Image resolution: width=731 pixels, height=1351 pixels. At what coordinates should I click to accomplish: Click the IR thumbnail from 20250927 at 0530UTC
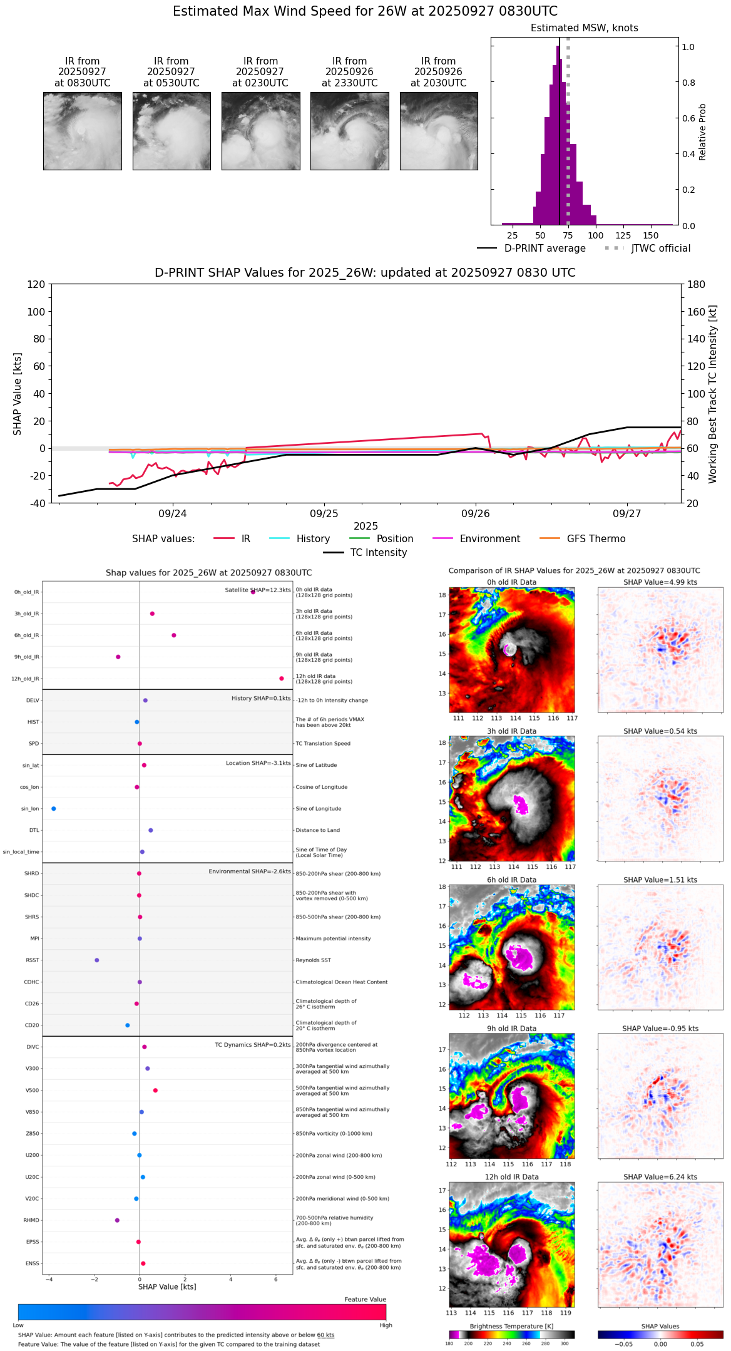point(171,131)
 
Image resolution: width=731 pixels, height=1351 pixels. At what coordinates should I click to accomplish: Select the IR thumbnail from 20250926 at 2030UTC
point(439,131)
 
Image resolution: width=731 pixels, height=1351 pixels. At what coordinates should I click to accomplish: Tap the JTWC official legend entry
point(660,249)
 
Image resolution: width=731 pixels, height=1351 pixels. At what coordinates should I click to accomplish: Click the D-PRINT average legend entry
point(544,249)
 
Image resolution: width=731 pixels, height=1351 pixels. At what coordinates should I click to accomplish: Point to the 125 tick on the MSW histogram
point(623,236)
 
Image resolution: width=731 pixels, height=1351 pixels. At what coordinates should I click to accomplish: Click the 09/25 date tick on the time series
point(324,514)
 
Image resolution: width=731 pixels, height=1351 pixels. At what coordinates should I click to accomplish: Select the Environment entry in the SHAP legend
point(489,539)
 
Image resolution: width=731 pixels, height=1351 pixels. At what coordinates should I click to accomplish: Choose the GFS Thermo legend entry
point(596,539)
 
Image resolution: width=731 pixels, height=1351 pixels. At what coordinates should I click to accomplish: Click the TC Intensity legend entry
point(378,553)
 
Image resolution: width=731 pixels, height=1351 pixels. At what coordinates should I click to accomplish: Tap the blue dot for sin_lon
point(54,809)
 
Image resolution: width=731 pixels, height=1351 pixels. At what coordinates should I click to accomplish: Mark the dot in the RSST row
point(96,960)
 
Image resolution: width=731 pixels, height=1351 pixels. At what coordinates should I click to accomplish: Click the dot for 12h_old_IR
point(282,679)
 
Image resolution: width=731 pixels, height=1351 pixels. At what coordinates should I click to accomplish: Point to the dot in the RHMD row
point(117,1220)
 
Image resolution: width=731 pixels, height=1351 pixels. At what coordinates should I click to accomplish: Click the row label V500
point(32,1091)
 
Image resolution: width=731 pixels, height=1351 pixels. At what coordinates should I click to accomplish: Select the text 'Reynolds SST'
point(313,960)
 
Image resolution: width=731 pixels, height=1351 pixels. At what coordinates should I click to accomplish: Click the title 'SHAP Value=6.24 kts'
point(660,1177)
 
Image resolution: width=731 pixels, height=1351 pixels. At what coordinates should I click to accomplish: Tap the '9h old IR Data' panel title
point(511,1029)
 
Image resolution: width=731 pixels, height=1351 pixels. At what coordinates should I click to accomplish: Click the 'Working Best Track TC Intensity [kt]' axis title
point(712,394)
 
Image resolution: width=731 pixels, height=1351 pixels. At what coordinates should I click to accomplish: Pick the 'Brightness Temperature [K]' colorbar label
point(511,1326)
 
